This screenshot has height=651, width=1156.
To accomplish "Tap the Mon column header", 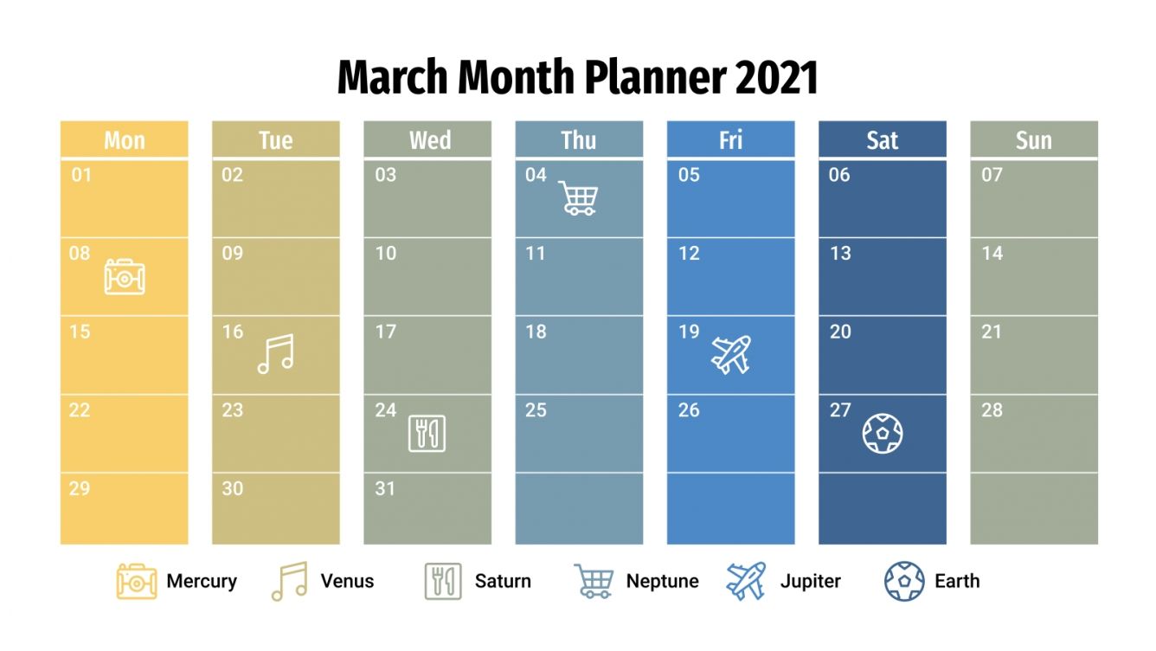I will click(124, 140).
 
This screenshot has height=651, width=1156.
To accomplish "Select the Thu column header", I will click(579, 140).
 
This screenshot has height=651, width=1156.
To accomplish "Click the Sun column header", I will click(1034, 140).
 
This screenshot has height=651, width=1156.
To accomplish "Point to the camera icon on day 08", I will click(125, 276).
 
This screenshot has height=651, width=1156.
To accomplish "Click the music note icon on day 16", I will click(276, 354).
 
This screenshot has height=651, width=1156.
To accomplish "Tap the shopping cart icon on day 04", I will click(577, 197).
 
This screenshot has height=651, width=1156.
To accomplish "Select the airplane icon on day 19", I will click(731, 355).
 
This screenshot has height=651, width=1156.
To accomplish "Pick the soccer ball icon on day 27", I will click(883, 433).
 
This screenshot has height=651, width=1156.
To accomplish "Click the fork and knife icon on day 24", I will click(427, 434).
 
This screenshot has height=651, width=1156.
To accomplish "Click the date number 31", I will click(385, 488).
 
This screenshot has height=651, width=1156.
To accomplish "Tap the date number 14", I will click(992, 254).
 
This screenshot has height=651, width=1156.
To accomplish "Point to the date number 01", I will click(81, 176).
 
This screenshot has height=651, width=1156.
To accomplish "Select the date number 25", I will click(536, 410).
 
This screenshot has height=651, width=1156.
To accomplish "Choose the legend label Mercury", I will click(202, 581).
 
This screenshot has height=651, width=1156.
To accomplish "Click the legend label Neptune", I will click(662, 581).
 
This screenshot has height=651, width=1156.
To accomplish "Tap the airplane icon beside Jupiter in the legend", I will click(746, 581).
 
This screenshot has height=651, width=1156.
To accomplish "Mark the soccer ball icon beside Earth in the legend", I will click(904, 581).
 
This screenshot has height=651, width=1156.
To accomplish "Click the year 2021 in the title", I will click(776, 79).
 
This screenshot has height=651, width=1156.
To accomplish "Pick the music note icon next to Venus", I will click(290, 581).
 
